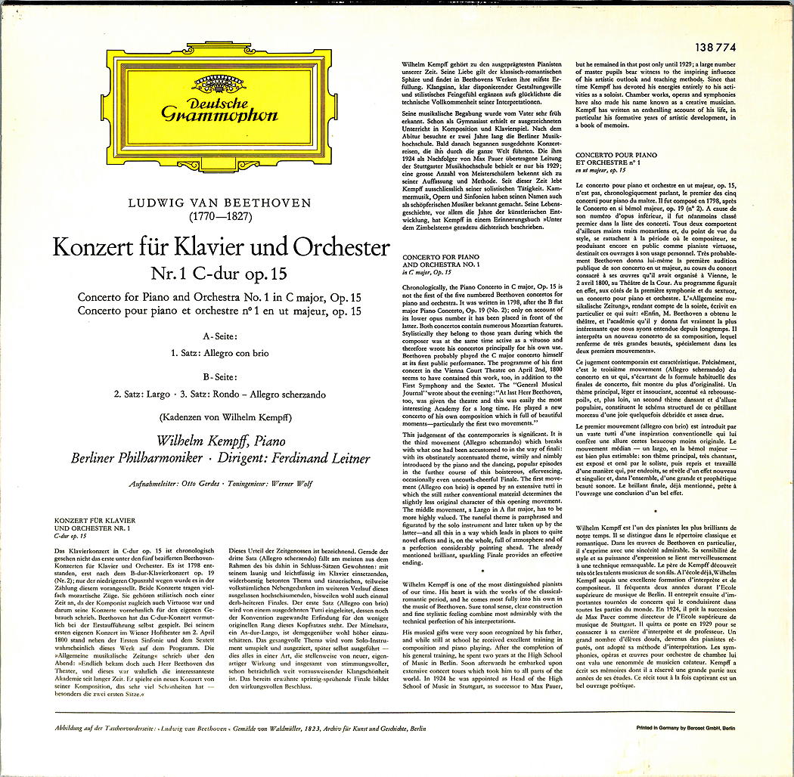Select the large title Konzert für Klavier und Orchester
pyautogui.click(x=222, y=248)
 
